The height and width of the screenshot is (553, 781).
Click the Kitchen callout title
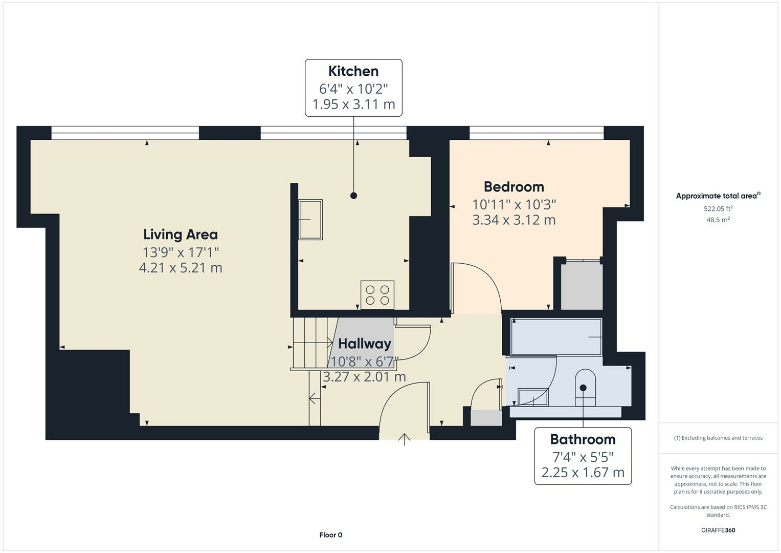point(353,71)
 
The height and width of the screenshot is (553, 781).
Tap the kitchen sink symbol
point(310,220)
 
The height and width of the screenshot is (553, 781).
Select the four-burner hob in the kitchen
point(377,294)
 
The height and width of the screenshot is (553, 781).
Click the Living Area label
point(181,235)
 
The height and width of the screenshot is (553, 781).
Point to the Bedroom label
point(514,187)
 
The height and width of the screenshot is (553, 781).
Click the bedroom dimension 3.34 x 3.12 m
point(514,220)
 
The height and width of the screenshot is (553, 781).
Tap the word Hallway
point(364,344)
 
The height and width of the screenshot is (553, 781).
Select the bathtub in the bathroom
point(556,337)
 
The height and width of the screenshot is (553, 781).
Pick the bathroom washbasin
point(533,397)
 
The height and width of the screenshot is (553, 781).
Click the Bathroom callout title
point(583,439)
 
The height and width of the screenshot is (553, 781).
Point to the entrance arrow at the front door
point(405,439)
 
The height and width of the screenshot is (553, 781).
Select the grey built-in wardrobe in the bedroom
point(582,286)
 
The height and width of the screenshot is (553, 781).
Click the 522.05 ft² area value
point(718,208)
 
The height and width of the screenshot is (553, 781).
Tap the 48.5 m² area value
point(718,220)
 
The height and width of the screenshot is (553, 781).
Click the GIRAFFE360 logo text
point(718,530)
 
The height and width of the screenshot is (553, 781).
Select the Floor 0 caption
point(331,535)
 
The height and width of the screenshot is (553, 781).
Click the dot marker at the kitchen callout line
point(353,196)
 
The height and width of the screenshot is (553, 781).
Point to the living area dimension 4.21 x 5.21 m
point(181,268)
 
